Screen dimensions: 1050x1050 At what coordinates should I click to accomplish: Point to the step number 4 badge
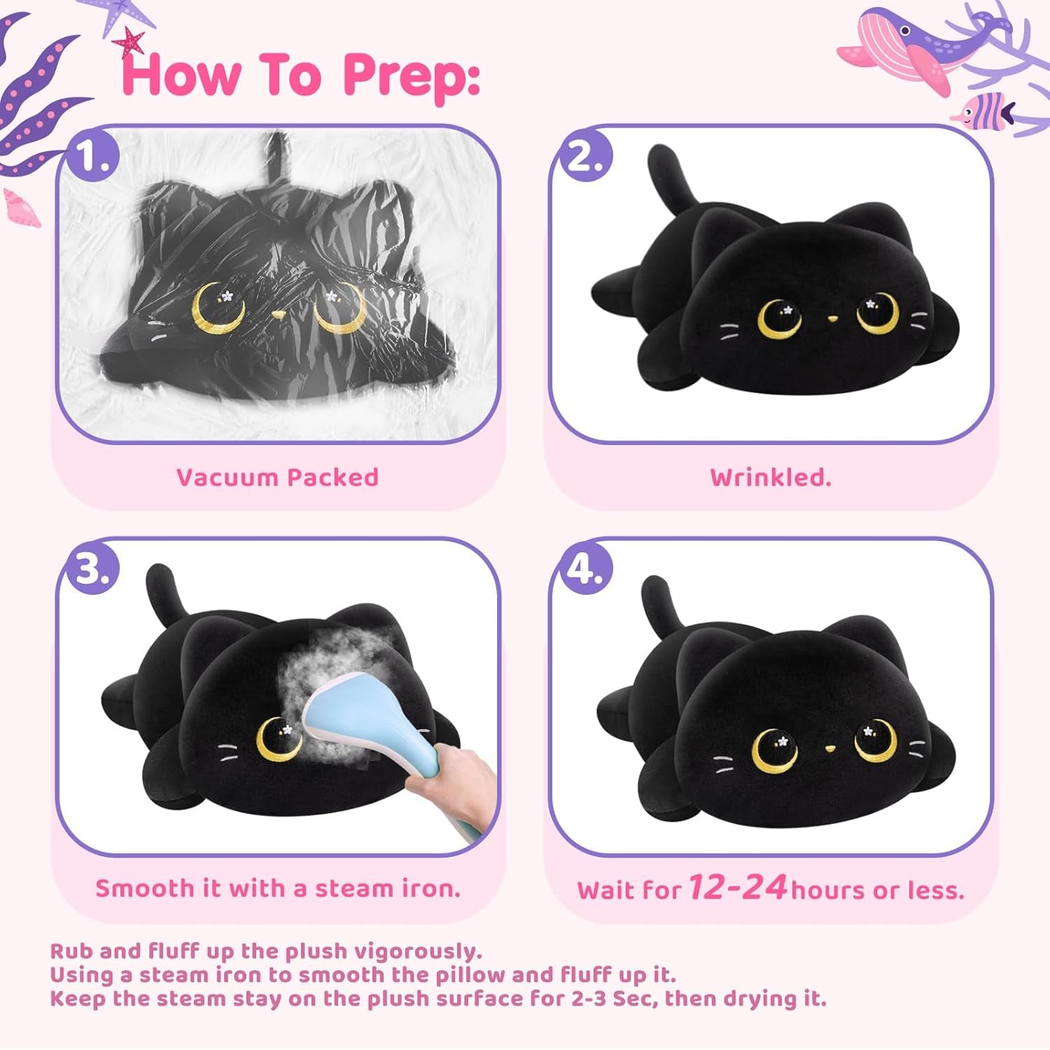(x=583, y=569)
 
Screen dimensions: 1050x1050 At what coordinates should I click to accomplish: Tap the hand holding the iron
(x=455, y=777)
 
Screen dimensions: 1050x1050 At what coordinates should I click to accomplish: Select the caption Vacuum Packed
(x=277, y=477)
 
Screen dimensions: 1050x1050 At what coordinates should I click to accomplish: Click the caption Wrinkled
(x=771, y=477)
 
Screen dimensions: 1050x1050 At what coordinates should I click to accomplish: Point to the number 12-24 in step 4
(x=738, y=887)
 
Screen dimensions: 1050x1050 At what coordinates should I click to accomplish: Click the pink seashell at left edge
(x=21, y=209)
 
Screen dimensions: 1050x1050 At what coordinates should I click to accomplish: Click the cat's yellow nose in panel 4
(x=829, y=748)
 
